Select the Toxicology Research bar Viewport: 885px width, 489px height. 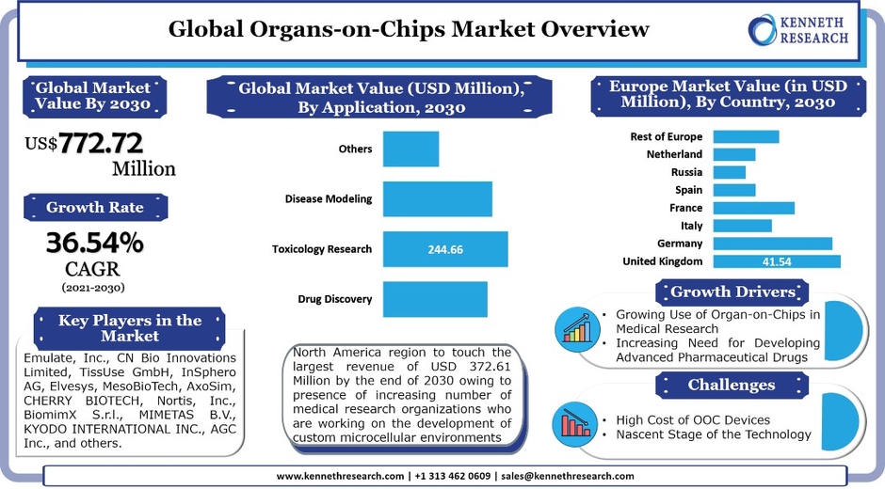coord(444,249)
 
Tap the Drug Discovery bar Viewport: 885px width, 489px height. coord(434,299)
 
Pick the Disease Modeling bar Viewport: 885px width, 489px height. coord(437,199)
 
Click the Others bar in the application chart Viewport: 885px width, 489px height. coord(410,150)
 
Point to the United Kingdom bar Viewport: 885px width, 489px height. coord(776,261)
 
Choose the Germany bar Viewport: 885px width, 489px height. coord(772,244)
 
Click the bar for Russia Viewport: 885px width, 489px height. coord(729,172)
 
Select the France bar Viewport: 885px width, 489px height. coord(753,208)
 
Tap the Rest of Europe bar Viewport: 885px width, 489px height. coord(746,136)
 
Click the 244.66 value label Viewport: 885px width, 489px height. coord(445,249)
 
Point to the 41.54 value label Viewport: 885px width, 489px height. coord(777,261)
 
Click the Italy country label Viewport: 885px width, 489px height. coord(691,226)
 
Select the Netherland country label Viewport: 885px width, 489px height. coord(674,154)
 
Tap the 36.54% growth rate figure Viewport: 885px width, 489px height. coord(95,244)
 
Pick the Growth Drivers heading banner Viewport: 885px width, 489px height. coord(732,291)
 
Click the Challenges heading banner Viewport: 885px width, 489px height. coord(731,385)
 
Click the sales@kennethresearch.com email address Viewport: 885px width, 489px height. coord(568,477)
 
